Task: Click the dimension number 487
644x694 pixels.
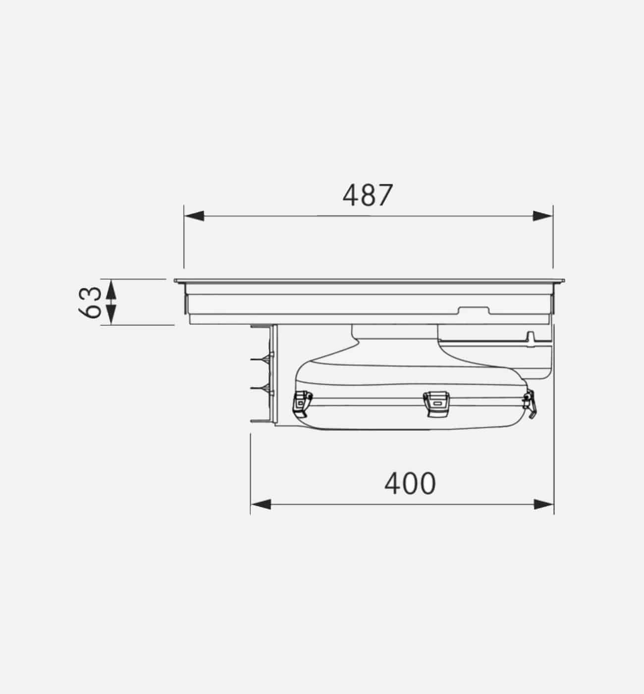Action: [368, 195]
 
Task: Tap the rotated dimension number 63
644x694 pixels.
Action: [91, 302]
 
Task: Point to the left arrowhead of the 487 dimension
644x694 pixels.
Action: [194, 216]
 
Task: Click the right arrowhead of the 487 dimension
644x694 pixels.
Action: [543, 216]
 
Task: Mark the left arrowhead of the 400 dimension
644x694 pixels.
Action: [261, 504]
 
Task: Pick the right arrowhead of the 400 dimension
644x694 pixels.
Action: [544, 504]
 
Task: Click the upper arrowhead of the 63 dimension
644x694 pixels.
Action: [111, 288]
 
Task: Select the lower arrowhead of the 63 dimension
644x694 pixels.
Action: [111, 313]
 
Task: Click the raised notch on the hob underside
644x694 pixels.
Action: [474, 311]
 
